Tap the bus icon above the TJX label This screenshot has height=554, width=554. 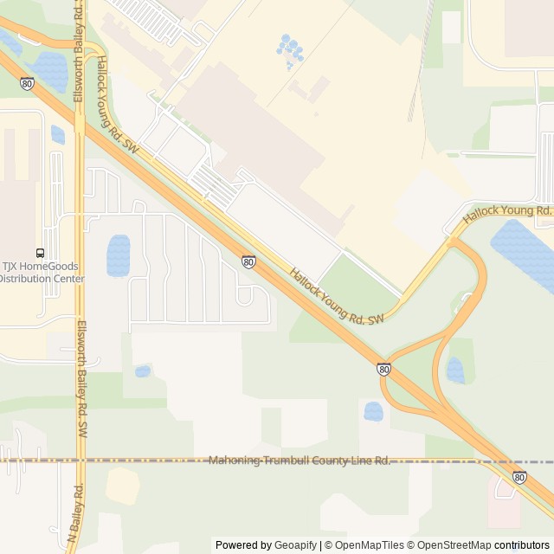pos(40,253)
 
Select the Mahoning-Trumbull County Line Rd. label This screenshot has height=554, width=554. pos(299,460)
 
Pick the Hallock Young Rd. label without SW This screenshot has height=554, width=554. pos(506,215)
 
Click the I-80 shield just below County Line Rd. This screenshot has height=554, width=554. pos(519,477)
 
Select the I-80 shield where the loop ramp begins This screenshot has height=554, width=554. pos(383,369)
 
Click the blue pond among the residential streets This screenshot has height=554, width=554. pos(119,254)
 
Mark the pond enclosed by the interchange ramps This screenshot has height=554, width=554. pos(455,370)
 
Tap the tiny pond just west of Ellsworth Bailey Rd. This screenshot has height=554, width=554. pos(57,135)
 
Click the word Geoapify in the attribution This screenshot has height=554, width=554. pos(295,545)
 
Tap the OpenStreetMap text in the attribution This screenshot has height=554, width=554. pos(454,545)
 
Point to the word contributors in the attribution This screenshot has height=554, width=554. pos(522,545)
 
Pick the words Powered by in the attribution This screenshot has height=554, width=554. pos(242,545)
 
